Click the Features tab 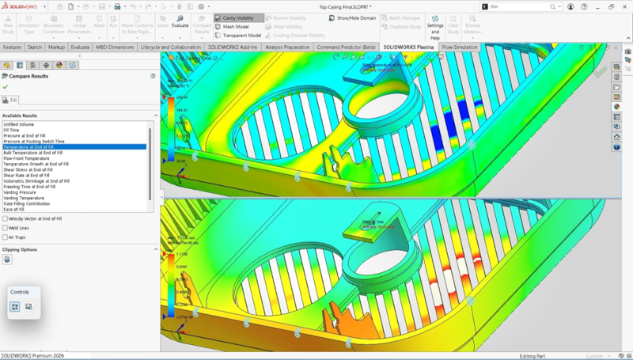coord(12,47)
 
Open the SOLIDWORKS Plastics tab coord(408,47)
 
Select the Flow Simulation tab coord(459,47)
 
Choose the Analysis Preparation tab coord(287,47)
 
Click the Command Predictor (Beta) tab coord(346,47)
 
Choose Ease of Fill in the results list coord(15,209)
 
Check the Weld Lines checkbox coord(6,228)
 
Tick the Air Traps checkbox coord(6,237)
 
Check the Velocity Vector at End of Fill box coord(6,218)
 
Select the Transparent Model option coord(241,36)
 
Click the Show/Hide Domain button coord(352,17)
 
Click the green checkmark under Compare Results coord(6,86)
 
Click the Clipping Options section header coord(20,249)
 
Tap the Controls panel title coord(19,292)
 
